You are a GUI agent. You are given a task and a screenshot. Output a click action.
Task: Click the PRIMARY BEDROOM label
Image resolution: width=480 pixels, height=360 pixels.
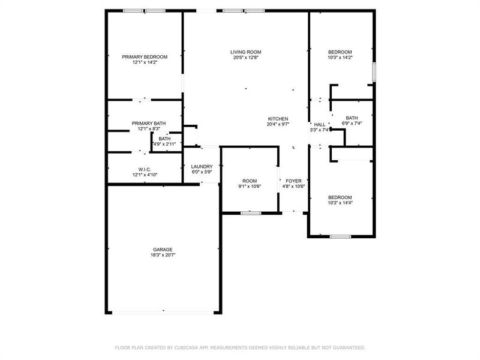(x=145, y=57)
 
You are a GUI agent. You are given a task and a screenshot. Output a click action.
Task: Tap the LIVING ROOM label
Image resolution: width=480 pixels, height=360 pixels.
(x=245, y=52)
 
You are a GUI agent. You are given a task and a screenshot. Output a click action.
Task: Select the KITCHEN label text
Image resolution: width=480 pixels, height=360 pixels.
(x=278, y=119)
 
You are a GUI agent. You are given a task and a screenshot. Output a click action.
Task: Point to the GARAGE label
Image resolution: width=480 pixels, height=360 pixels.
(x=162, y=250)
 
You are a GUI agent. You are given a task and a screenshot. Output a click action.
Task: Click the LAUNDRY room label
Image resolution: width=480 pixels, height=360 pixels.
(x=202, y=167)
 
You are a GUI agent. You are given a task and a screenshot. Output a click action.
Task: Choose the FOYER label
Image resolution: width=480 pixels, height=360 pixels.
(x=293, y=181)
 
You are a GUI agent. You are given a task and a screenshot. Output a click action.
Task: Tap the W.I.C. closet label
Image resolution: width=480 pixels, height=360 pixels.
(x=144, y=169)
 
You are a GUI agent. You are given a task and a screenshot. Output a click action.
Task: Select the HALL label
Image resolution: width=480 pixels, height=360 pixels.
(x=320, y=124)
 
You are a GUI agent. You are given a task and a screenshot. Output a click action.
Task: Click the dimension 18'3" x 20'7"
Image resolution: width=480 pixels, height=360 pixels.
(x=162, y=255)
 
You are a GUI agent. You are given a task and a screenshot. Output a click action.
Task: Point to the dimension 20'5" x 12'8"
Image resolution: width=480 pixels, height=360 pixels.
(x=245, y=58)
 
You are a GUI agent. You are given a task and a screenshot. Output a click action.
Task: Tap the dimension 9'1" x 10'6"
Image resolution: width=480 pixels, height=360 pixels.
(x=250, y=186)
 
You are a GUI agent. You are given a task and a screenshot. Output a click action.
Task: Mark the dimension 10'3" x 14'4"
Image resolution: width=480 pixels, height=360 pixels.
(x=340, y=203)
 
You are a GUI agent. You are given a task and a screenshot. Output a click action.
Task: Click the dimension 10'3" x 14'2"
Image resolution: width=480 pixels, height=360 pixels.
(x=340, y=58)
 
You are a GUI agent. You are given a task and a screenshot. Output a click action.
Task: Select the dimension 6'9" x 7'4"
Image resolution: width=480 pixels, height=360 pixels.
(x=352, y=124)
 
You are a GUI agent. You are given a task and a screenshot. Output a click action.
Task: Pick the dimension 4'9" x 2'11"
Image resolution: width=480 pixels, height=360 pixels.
(x=164, y=144)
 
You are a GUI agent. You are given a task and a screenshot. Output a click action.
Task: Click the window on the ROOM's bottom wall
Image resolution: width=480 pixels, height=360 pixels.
(x=250, y=212)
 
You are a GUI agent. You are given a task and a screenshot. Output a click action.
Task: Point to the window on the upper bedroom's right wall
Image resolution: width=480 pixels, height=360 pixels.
(x=374, y=72)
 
